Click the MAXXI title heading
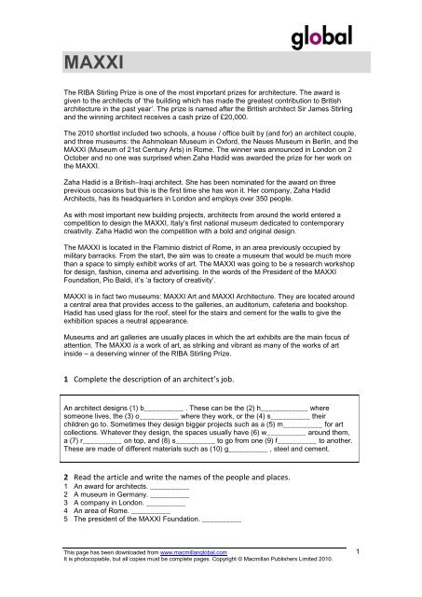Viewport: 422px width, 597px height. click(x=91, y=63)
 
